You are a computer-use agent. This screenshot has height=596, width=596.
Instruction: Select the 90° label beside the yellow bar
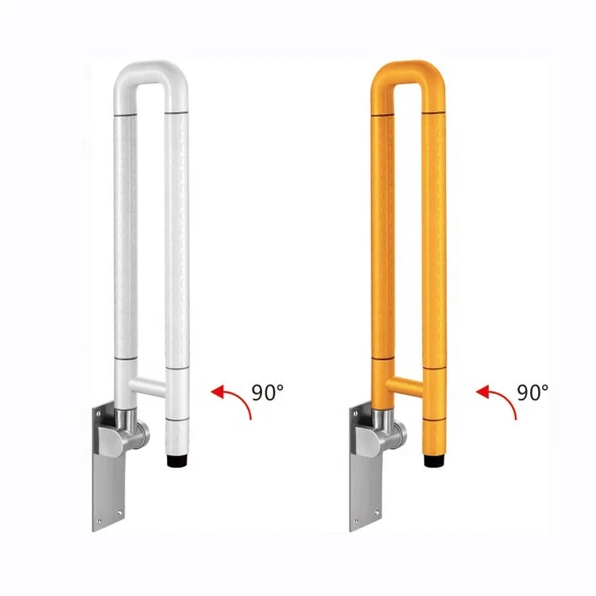tap(532, 392)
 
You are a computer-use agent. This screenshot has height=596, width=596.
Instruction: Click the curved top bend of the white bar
tap(150, 70)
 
